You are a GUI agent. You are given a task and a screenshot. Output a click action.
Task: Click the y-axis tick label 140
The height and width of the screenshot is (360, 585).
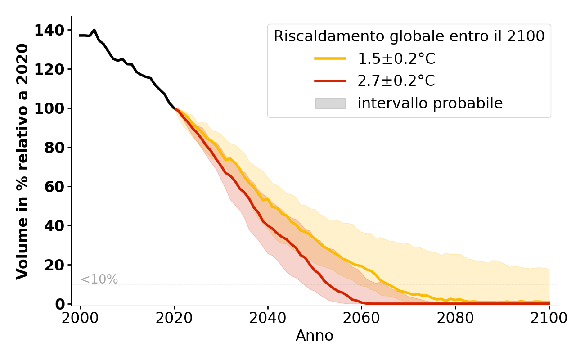click(53, 30)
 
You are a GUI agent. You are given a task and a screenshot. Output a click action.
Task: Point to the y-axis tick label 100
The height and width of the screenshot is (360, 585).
click(53, 108)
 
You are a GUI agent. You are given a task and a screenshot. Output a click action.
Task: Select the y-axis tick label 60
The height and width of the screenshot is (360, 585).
click(56, 187)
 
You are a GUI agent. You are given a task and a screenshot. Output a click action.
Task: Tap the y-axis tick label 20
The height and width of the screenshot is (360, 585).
click(56, 265)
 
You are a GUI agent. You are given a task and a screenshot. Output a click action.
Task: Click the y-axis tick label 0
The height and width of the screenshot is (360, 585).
click(60, 304)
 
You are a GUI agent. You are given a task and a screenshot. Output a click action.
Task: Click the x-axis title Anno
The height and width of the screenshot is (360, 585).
click(315, 336)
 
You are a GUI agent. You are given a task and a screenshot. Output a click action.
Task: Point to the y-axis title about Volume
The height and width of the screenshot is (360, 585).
click(23, 161)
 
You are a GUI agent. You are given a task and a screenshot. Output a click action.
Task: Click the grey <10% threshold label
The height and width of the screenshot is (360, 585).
click(99, 279)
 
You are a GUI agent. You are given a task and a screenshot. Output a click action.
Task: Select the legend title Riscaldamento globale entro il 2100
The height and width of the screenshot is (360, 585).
click(409, 36)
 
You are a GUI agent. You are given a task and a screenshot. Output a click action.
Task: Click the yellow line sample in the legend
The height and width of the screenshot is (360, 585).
click(330, 58)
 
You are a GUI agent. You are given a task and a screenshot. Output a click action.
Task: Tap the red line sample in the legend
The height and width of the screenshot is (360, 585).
click(330, 81)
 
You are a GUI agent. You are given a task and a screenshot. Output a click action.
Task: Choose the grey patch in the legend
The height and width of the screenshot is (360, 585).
click(330, 103)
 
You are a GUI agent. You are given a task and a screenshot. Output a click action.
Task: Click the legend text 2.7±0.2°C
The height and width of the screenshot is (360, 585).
click(396, 81)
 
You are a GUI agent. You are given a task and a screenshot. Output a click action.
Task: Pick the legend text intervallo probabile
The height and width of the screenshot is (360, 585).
click(430, 103)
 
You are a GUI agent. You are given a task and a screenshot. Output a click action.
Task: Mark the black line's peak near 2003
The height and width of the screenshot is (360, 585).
click(94, 30)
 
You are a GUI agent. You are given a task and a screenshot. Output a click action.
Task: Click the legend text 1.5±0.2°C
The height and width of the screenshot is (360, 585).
click(396, 58)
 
